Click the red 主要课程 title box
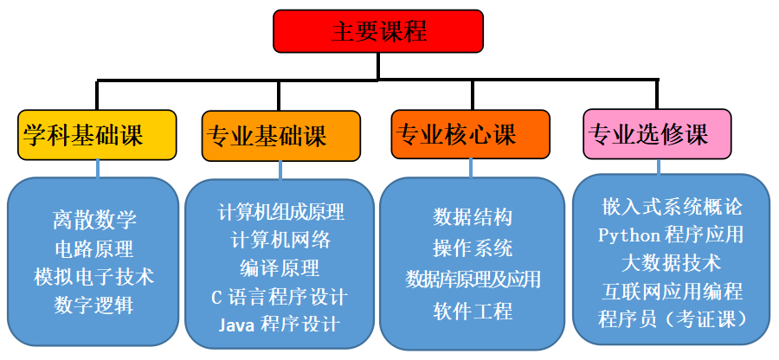[378, 31]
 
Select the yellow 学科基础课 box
[96, 135]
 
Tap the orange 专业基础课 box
[280, 135]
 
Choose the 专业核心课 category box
[469, 134]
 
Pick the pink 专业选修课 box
[657, 134]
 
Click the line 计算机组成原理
[281, 212]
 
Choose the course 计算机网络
[280, 240]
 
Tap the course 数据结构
[473, 217]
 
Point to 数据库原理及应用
[473, 280]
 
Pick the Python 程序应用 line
[671, 235]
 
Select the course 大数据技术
[671, 262]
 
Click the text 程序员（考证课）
[672, 318]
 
